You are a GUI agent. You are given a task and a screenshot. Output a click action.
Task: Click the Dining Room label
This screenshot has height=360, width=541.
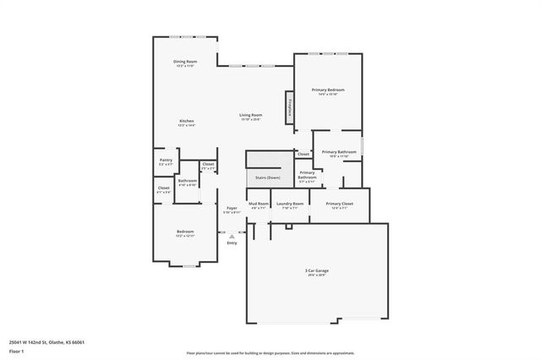[x=185, y=62]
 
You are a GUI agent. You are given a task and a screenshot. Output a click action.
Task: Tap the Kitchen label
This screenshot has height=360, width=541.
[x=187, y=122]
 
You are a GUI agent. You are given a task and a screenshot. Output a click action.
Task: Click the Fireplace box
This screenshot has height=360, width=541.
[x=291, y=109]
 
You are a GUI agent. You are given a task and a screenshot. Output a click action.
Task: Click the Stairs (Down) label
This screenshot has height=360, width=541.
[x=268, y=177]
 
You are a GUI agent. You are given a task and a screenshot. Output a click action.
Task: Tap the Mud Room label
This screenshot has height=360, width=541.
[x=259, y=204]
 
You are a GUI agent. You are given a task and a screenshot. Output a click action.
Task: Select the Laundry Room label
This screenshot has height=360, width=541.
[x=290, y=204]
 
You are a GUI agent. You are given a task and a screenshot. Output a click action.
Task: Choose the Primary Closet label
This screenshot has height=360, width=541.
[x=339, y=204]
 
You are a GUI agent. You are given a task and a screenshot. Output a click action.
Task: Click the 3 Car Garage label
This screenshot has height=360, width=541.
[x=317, y=270]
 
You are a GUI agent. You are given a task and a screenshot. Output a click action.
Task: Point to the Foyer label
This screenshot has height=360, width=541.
[x=232, y=207]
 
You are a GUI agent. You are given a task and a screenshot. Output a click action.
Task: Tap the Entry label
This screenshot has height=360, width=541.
[x=232, y=243]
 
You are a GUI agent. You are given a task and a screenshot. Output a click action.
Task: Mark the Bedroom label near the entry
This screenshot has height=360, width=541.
[x=185, y=232]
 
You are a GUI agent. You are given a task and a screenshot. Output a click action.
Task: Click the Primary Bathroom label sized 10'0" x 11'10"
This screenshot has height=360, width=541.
[x=339, y=152]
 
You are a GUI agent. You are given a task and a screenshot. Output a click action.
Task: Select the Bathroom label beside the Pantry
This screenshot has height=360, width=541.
[x=187, y=181]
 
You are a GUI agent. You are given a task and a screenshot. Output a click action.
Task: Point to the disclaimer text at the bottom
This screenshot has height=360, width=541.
[x=270, y=352]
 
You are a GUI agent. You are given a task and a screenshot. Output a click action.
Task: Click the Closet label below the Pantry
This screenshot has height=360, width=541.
[x=164, y=189]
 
